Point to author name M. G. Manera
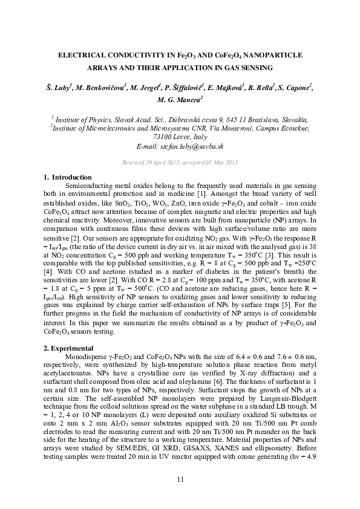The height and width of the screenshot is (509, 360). pos(179,99)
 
